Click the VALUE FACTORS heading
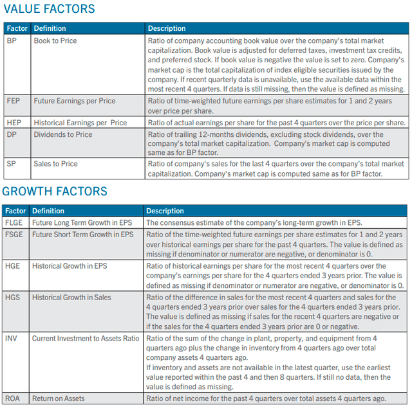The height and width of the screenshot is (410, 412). click(x=49, y=9)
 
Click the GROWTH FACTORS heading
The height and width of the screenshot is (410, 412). click(x=55, y=191)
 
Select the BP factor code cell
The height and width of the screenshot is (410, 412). click(x=12, y=40)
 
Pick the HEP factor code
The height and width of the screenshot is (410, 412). click(x=14, y=122)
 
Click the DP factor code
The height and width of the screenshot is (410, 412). click(x=12, y=134)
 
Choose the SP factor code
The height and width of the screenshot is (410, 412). click(x=11, y=164)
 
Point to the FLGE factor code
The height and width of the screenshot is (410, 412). click(x=14, y=222)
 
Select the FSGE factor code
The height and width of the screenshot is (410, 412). click(x=14, y=235)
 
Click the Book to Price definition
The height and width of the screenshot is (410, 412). click(x=55, y=40)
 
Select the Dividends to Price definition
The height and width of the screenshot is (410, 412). click(x=62, y=134)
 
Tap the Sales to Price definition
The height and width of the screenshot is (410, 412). click(x=56, y=164)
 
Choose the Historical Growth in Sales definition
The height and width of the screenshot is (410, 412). click(x=71, y=298)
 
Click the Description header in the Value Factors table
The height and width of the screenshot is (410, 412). click(x=167, y=28)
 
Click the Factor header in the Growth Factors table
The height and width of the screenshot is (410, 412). click(x=15, y=211)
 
